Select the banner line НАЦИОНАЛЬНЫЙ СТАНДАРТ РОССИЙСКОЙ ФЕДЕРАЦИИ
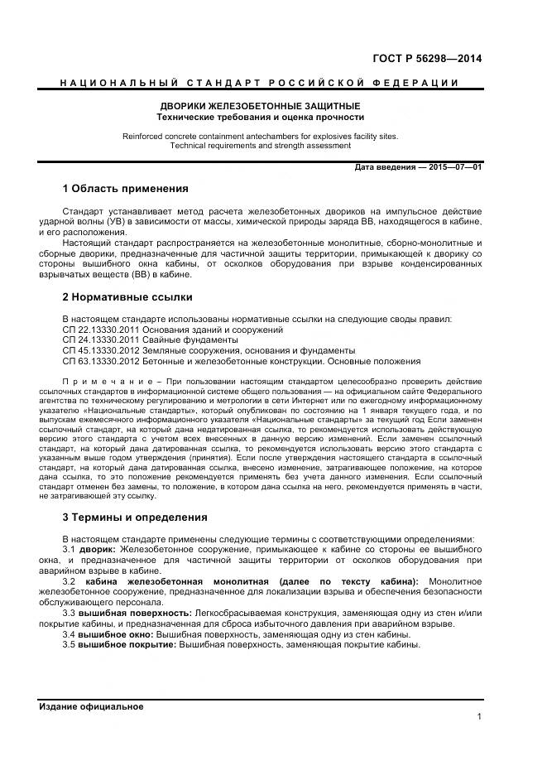(x=260, y=83)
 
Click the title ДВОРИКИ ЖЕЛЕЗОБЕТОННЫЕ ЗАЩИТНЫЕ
(x=260, y=107)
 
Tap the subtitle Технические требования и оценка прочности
(x=260, y=118)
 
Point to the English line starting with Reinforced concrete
(x=260, y=136)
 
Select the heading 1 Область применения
(x=125, y=189)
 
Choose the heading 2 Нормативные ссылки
(x=127, y=296)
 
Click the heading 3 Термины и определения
(x=134, y=517)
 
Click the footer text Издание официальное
(x=91, y=706)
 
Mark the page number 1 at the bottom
(x=479, y=717)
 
